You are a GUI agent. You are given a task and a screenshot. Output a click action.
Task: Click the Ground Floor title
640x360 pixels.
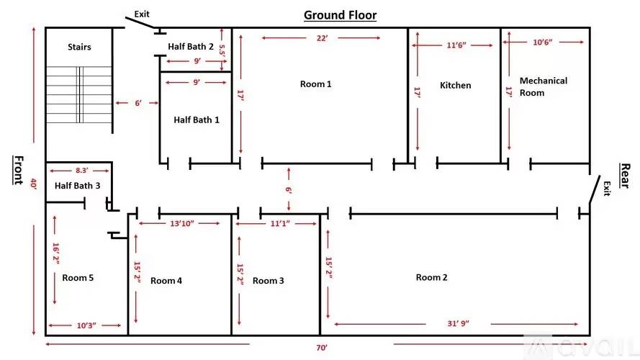(340, 15)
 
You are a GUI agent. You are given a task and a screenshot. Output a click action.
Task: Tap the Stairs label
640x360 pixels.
(79, 47)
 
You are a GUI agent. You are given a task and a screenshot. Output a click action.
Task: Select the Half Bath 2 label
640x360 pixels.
(191, 47)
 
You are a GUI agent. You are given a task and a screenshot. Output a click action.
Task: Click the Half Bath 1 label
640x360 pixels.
(197, 120)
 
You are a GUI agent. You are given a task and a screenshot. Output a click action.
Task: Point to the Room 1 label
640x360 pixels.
(315, 84)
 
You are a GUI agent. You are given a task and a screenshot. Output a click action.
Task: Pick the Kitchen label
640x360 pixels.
(456, 85)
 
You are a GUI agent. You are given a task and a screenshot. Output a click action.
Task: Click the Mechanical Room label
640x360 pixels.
(544, 86)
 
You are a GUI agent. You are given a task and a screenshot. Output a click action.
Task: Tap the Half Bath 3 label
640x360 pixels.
(77, 186)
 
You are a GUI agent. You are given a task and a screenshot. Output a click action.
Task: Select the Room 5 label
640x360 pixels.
(78, 278)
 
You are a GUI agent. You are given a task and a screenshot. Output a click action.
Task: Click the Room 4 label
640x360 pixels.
(166, 281)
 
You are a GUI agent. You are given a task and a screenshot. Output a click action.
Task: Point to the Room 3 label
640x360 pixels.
(268, 281)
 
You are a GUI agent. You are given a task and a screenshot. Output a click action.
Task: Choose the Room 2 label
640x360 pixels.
(431, 277)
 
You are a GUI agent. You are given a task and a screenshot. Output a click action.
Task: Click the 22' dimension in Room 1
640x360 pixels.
(322, 38)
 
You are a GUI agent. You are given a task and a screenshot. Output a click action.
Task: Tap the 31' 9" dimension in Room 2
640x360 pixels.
(458, 324)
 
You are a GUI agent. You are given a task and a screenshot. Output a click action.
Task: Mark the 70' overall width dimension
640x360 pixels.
(322, 348)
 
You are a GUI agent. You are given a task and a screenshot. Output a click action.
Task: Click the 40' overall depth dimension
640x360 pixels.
(33, 184)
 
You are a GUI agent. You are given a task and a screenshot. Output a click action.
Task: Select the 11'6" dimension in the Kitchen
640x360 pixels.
(456, 45)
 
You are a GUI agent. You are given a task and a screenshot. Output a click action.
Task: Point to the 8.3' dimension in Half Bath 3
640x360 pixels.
(81, 171)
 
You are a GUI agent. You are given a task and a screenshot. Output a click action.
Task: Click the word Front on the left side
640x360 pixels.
(19, 170)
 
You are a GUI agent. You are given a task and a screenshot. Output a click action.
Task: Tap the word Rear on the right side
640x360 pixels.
(625, 176)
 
